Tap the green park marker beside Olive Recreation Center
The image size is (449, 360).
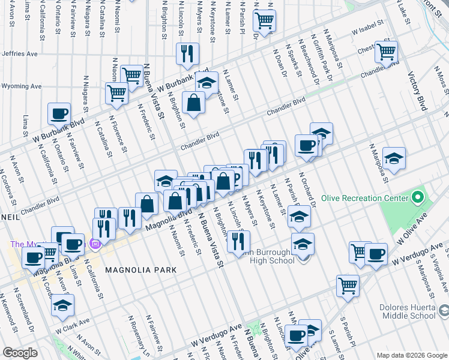(x=418, y=197)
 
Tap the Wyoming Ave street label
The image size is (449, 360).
(x=21, y=86)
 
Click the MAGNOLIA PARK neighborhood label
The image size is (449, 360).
(x=141, y=270)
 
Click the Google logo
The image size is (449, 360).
(x=20, y=353)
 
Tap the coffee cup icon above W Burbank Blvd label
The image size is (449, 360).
(x=59, y=113)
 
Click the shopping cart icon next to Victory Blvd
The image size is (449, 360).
(x=386, y=51)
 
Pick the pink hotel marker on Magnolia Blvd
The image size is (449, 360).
(x=94, y=244)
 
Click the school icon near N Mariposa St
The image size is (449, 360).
(x=394, y=158)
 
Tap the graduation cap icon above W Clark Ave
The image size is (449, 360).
(x=62, y=305)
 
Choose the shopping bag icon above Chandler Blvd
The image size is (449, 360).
(x=194, y=103)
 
